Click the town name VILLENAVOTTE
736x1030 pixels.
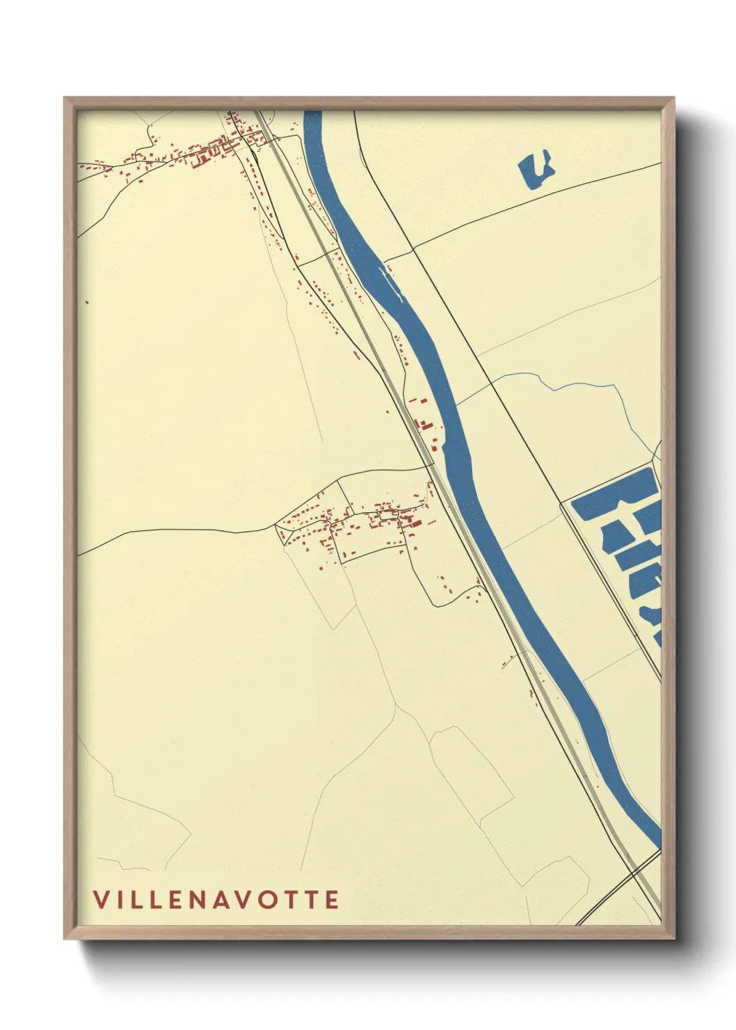(216, 899)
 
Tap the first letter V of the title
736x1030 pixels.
(100, 899)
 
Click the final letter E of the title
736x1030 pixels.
(332, 899)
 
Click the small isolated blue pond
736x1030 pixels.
(535, 170)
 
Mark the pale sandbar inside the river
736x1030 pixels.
(389, 282)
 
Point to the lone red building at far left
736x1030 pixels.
(87, 302)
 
